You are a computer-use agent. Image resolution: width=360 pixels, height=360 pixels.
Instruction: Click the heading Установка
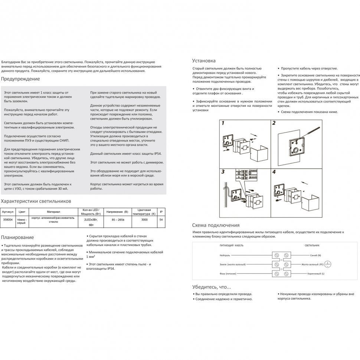pyautogui.click(x=204, y=60)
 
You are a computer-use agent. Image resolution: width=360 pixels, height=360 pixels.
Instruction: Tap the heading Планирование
pyautogui.click(x=17, y=237)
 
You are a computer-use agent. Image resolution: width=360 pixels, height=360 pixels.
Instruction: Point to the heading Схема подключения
pyautogui.click(x=216, y=225)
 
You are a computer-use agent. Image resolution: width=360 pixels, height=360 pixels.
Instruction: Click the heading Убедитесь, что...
pyautogui.click(x=211, y=287)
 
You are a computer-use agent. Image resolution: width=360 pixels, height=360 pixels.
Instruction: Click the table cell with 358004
pyautogui.click(x=8, y=220)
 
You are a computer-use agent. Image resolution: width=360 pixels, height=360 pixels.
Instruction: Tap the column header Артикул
pyautogui.click(x=8, y=212)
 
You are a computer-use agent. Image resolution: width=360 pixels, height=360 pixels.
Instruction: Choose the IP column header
pyautogui.click(x=161, y=212)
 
